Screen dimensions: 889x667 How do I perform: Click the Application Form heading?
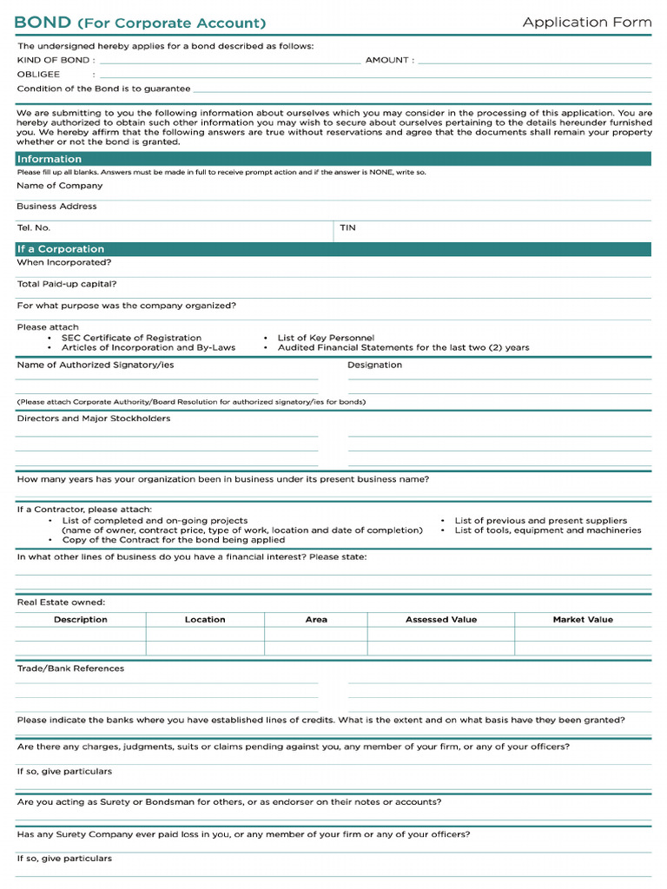pos(586,23)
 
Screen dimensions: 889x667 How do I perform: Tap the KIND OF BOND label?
pos(53,61)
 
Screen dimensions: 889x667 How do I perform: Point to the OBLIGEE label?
pos(38,75)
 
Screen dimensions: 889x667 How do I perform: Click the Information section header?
pos(50,159)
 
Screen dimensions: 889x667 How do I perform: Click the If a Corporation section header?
pos(61,249)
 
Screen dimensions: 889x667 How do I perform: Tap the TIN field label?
pos(347,227)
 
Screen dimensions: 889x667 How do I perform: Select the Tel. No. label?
pos(34,227)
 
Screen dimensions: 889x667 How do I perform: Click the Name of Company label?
pos(59,186)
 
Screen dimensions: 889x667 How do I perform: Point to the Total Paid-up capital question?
pos(67,284)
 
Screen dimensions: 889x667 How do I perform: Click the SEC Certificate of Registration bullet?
pos(131,338)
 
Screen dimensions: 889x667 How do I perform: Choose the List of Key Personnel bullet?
pos(326,338)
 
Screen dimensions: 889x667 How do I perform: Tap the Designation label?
pos(374,365)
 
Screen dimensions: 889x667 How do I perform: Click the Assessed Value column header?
pos(440,620)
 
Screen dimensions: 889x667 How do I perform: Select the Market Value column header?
pos(583,620)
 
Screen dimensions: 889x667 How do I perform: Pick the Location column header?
pos(205,620)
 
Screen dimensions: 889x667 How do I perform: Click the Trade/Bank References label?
pos(70,668)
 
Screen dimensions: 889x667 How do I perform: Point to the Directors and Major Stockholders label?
pos(94,418)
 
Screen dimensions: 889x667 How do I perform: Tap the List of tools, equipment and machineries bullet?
pos(547,530)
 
